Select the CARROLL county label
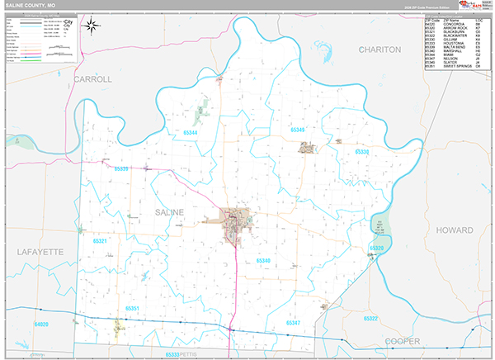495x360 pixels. coord(92,79)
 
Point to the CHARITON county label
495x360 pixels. coord(379,50)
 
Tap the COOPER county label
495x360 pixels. coord(402,339)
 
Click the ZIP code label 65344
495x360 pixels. coord(191,132)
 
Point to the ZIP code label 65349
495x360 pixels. coord(297,130)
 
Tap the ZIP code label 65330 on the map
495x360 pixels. coord(363,153)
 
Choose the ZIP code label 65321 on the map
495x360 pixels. coord(101,241)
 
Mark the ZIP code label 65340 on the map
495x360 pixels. coord(263,260)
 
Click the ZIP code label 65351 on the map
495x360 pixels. coord(132,309)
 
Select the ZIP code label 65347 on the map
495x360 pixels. coord(293,322)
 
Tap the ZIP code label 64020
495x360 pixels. coord(41,324)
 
